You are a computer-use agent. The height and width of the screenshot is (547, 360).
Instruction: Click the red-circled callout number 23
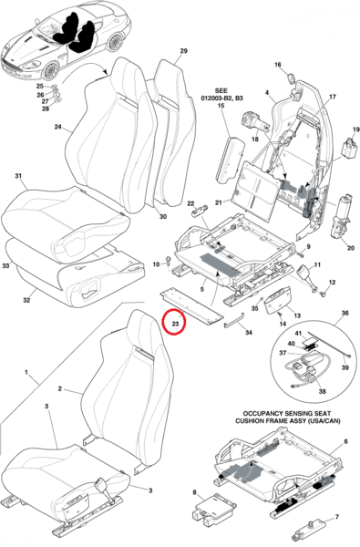coord(175,324)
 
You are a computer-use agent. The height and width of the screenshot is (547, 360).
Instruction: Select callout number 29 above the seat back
coord(184,51)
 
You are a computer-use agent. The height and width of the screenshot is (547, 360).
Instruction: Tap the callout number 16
coord(278,65)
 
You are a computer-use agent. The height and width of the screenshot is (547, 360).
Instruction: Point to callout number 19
coord(355,129)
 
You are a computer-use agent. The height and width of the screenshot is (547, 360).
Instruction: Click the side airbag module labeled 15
coord(228,159)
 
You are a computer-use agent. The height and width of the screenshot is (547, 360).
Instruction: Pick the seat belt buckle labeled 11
coord(305,274)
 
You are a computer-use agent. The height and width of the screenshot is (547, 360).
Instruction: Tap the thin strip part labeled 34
coord(233,320)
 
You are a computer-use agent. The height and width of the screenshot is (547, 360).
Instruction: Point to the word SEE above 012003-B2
coord(221,91)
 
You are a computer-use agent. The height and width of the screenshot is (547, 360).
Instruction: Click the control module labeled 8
coord(212,511)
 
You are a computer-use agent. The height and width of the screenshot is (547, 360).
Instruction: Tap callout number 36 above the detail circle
coord(345,314)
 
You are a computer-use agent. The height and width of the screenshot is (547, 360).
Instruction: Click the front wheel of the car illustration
coord(49,71)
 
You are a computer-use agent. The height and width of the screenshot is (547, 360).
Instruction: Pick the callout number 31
coord(18,176)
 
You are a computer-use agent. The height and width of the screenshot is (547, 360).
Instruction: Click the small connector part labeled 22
coord(199,211)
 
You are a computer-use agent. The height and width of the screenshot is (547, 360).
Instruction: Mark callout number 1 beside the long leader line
coord(26,373)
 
